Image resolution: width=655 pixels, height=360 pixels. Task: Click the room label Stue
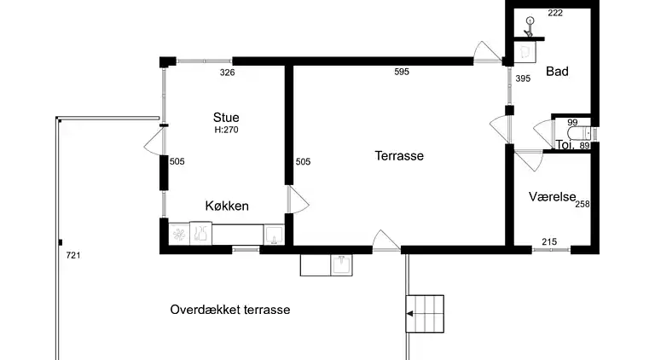point(227,118)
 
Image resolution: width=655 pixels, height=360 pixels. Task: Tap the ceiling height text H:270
point(227,131)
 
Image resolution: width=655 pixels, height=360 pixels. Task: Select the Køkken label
point(227,206)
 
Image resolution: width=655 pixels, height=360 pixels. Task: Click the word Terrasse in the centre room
point(399,156)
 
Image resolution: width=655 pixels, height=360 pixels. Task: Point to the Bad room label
point(557,72)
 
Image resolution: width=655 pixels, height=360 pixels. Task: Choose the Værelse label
point(551,196)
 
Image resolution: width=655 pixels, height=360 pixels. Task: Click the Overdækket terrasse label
point(230,310)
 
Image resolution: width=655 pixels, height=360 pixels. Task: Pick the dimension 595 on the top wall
point(402,73)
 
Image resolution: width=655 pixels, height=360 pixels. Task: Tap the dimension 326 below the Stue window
point(227,73)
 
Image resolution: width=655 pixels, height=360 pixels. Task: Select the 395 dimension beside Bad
point(524,78)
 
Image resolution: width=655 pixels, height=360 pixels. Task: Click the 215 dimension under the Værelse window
point(549,243)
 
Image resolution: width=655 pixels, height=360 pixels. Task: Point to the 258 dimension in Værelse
point(583,204)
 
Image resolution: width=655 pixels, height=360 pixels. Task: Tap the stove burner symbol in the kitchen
point(180,233)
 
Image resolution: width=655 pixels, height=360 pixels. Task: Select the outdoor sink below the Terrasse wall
point(341,264)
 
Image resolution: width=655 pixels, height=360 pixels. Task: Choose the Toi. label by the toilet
point(563,145)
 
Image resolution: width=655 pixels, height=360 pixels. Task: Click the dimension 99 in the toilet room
point(573,123)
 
